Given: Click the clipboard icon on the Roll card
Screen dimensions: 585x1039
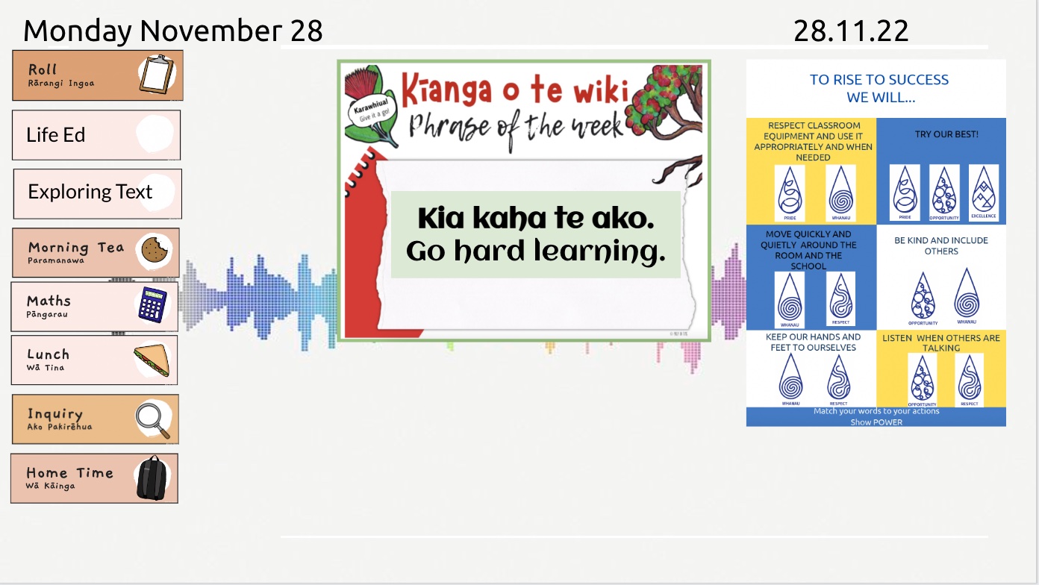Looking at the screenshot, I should tap(155, 75).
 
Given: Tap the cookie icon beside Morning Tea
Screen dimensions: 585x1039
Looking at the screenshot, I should tap(155, 249).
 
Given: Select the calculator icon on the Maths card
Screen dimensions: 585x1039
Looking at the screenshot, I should tap(152, 304).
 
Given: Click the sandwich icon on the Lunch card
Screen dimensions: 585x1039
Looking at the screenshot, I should tap(152, 361).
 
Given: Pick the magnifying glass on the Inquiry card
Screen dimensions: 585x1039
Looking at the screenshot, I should tap(153, 419).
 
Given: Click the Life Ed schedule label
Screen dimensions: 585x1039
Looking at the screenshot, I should tap(56, 135).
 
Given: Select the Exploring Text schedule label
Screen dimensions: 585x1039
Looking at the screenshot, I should tap(90, 192).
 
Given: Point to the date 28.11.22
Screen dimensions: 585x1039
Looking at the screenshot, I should tap(851, 31).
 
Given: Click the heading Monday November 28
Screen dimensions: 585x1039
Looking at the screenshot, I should tap(173, 31).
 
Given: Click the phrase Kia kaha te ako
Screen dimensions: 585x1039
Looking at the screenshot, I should tap(535, 219).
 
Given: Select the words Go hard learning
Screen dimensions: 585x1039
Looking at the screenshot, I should tap(535, 252).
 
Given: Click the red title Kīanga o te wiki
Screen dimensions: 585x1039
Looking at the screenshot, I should tap(514, 90).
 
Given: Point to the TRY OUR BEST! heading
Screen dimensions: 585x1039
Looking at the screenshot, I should tap(946, 134).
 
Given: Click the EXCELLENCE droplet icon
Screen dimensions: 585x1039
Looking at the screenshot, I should tap(983, 192).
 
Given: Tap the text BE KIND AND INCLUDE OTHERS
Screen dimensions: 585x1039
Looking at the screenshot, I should tap(941, 245).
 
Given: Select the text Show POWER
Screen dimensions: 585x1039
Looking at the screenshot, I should tap(876, 422).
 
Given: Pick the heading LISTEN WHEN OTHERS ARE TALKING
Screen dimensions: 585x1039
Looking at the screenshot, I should tap(940, 342).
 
